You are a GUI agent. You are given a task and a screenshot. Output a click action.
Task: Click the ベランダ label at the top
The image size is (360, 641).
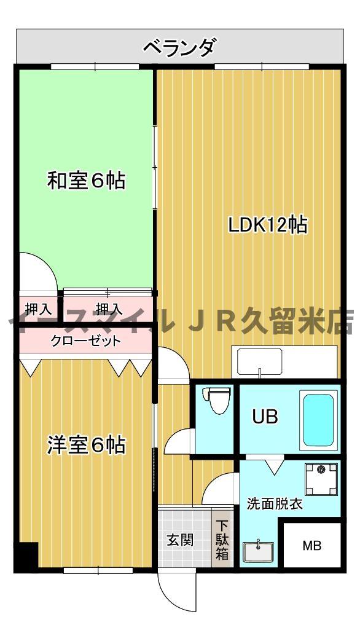click(179, 47)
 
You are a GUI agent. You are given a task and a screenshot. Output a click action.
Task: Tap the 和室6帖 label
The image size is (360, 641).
click(87, 181)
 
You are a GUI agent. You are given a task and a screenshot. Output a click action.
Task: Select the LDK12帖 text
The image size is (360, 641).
click(268, 225)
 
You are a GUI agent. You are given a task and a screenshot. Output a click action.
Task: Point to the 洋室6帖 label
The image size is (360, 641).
click(87, 445)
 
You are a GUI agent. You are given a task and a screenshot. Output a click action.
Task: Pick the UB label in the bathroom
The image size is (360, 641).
click(265, 417)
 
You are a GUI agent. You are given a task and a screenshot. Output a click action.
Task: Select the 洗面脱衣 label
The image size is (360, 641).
click(274, 505)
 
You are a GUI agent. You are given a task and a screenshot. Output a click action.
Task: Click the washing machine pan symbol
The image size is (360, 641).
click(321, 479)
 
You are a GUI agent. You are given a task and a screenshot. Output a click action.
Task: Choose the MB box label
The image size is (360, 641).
click(311, 545)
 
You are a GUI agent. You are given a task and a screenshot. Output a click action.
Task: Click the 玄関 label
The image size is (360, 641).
click(181, 540)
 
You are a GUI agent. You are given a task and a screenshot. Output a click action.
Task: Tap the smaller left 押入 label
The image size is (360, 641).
click(37, 308)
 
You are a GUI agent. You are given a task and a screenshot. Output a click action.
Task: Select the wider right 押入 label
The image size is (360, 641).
click(109, 308)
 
